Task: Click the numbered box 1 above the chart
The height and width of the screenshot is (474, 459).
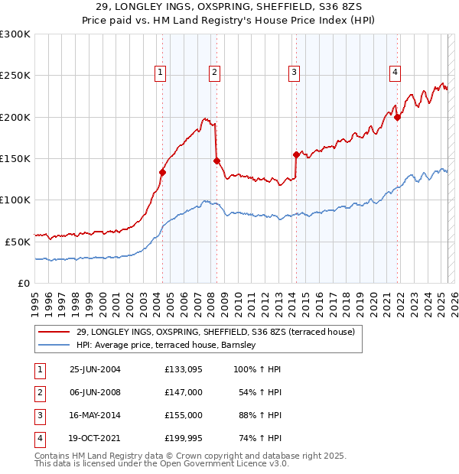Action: [161, 73]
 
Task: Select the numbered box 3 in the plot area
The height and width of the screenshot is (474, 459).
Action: [294, 73]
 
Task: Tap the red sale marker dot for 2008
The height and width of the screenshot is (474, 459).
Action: [216, 161]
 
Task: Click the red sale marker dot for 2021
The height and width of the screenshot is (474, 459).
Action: [398, 117]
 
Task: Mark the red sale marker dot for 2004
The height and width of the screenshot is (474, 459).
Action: [163, 172]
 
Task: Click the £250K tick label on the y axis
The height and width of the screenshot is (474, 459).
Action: [15, 76]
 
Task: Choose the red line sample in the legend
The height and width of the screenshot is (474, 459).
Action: [54, 333]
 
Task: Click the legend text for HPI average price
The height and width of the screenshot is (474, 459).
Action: [165, 346]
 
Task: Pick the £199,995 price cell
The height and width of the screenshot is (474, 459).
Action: [184, 438]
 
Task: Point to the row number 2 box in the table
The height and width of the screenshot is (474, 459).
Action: [39, 391]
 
